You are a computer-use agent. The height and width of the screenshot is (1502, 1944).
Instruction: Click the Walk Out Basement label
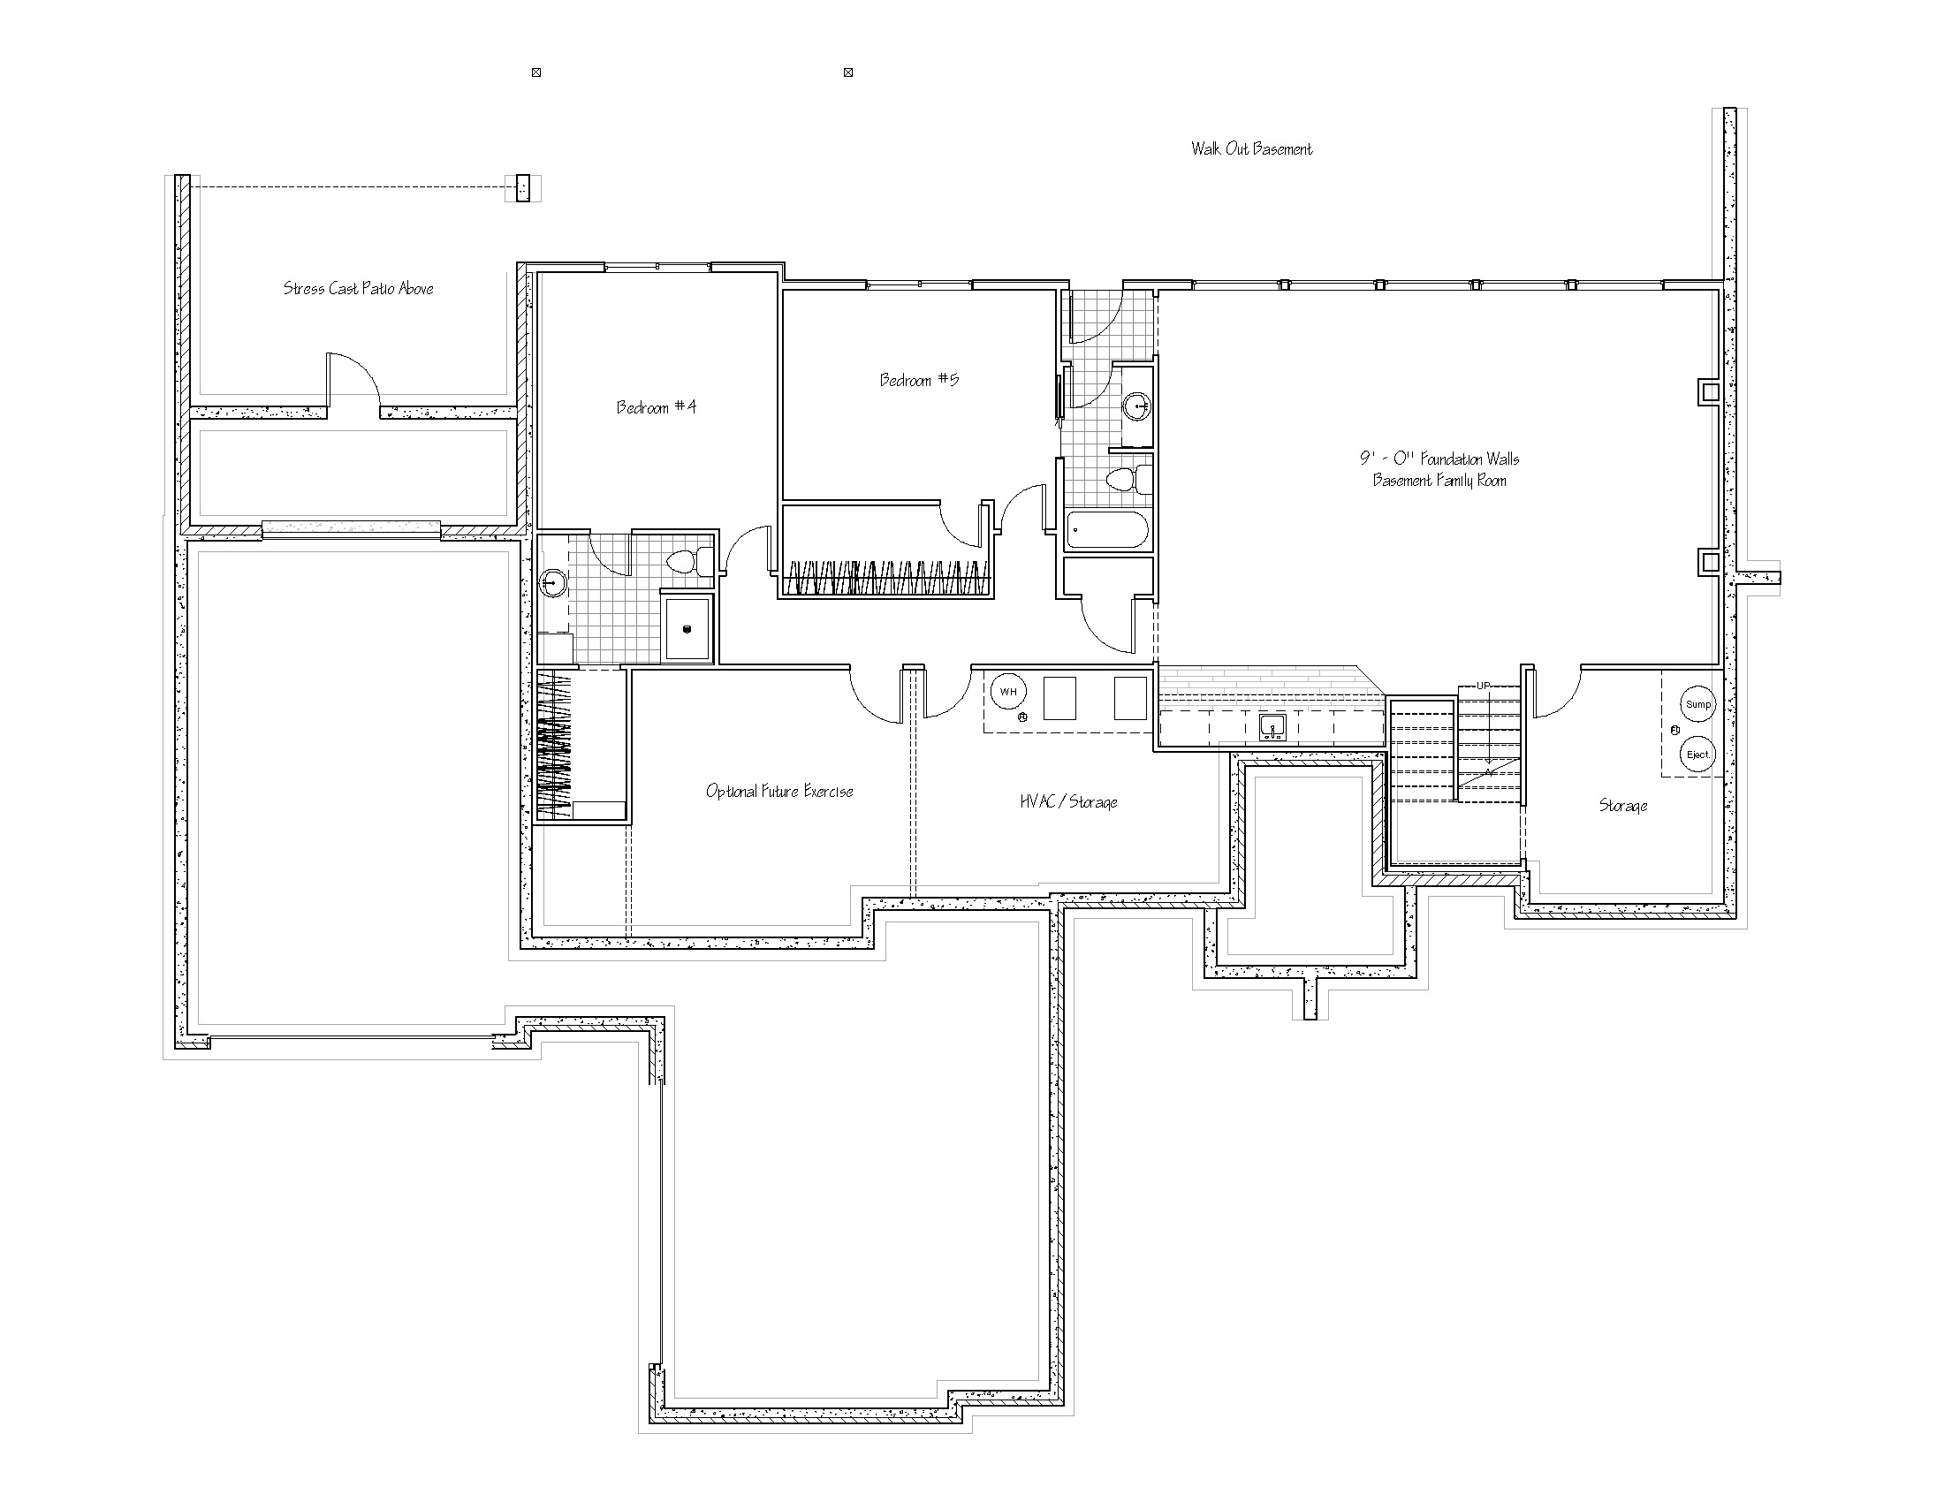(1251, 148)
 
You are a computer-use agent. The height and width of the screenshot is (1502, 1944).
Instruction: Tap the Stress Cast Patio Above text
(359, 288)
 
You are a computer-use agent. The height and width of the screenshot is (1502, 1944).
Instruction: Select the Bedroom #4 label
(657, 407)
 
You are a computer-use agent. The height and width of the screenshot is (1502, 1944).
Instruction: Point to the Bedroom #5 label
(920, 380)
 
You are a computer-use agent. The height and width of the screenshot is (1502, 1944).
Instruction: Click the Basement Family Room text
(1439, 481)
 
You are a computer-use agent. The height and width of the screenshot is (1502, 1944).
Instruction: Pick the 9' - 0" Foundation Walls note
(1439, 459)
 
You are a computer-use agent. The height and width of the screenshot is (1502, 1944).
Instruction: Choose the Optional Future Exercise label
(778, 791)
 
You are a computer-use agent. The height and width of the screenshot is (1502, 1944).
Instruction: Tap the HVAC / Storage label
(1068, 801)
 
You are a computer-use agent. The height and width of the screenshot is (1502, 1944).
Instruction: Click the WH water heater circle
(1008, 692)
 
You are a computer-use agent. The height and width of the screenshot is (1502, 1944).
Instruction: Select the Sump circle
(1697, 704)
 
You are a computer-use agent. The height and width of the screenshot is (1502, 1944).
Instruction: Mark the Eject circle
(1697, 755)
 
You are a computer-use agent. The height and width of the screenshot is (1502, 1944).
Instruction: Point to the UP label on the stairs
(1483, 685)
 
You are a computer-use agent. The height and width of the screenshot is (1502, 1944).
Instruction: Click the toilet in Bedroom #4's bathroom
(690, 561)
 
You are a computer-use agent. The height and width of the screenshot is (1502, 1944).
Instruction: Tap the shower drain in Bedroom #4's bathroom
(687, 629)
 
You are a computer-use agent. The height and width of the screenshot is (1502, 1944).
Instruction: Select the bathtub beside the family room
(1107, 530)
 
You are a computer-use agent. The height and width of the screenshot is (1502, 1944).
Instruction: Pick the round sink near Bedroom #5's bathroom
(1136, 407)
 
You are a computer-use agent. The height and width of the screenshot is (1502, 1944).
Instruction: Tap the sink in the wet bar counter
(1272, 727)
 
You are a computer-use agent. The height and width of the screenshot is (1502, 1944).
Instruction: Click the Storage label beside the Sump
(1622, 805)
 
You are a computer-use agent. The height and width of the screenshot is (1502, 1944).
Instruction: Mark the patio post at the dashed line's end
(522, 187)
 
